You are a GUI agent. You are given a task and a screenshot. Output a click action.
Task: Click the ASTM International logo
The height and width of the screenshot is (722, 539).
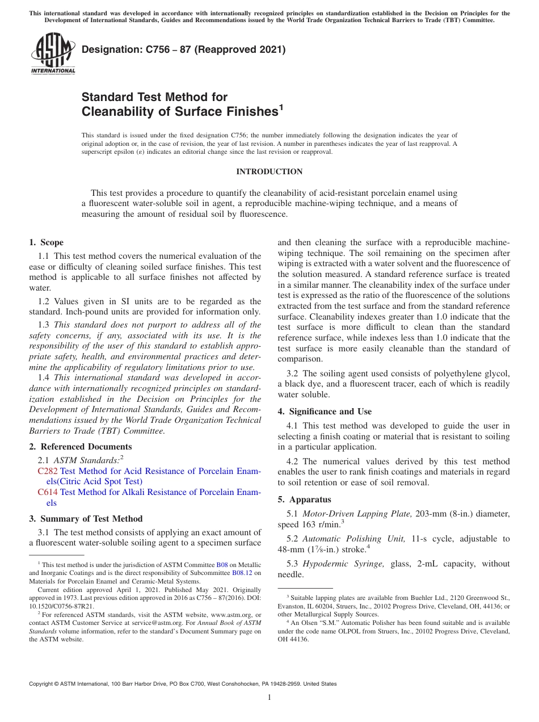click(53, 53)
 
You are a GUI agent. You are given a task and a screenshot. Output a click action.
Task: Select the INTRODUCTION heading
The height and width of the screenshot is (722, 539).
click(269, 171)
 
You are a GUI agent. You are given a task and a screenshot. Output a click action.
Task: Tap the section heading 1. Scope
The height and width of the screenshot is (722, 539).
click(46, 242)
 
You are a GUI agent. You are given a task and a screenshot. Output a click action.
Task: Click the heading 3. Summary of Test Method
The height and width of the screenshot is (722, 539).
click(86, 519)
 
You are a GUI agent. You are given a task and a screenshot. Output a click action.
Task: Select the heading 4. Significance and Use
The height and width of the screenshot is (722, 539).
click(325, 412)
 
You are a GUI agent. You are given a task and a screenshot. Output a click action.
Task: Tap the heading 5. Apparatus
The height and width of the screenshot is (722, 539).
click(304, 499)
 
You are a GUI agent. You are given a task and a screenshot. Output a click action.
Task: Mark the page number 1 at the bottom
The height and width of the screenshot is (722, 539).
click(269, 698)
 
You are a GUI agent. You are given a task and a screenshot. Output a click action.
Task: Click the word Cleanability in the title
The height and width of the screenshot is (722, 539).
click(123, 112)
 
